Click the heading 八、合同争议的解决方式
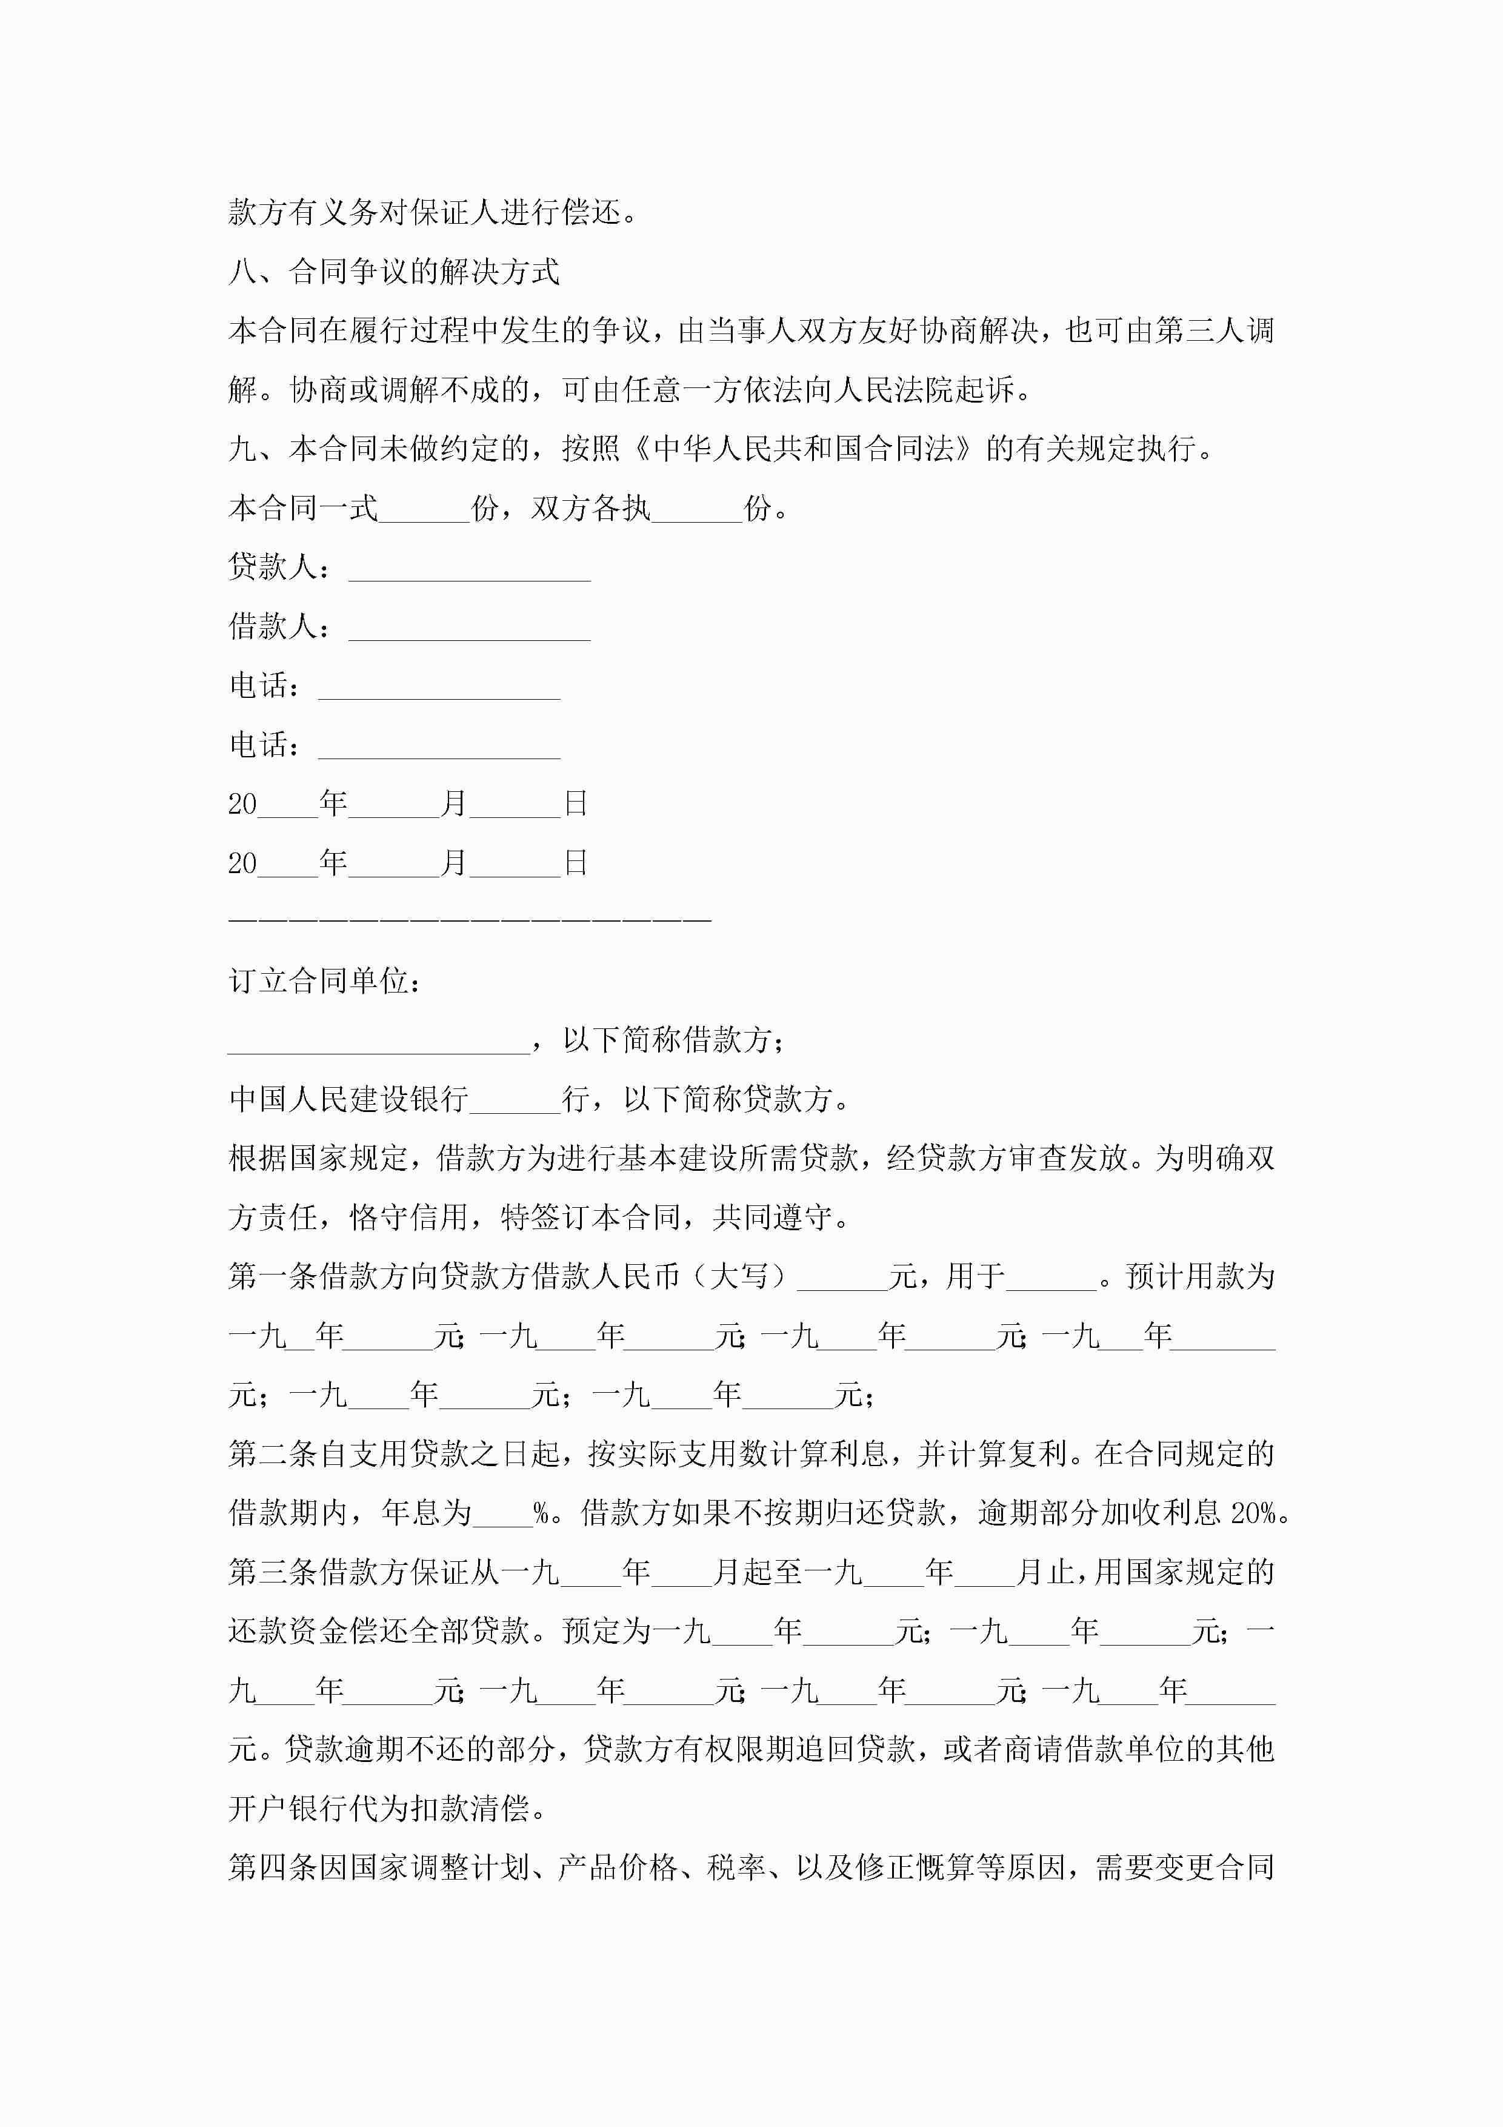[393, 272]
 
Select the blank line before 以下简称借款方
[379, 1041]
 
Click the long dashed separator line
[470, 920]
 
